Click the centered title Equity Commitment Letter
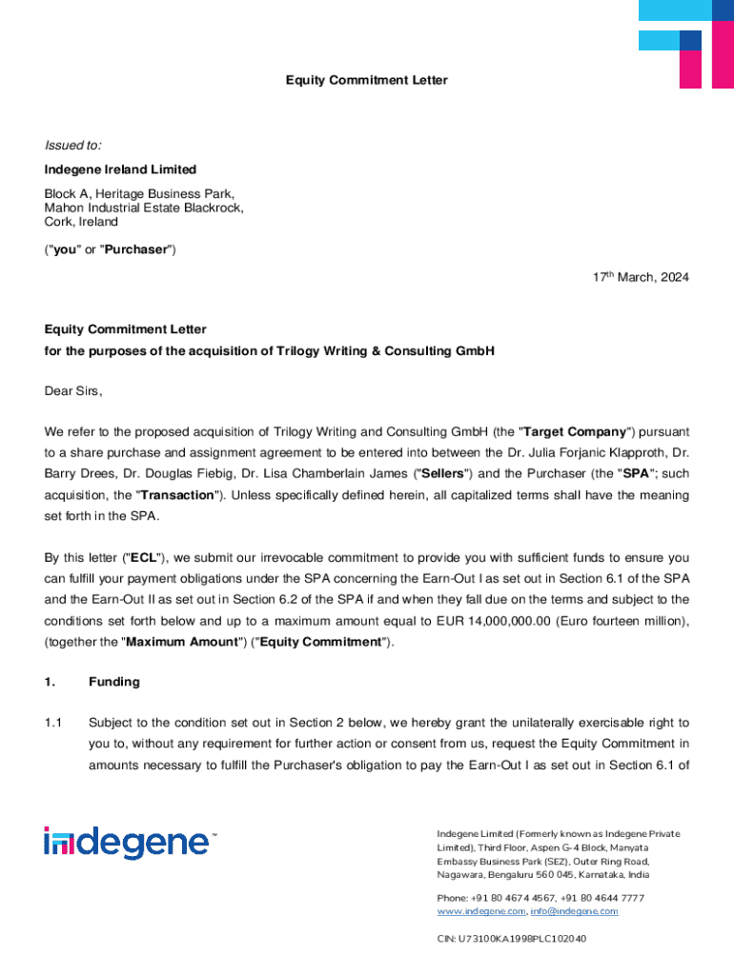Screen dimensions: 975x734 (x=366, y=81)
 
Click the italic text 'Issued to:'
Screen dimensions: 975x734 (x=72, y=146)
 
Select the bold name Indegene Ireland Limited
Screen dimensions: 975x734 (x=120, y=169)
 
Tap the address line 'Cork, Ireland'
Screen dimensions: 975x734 (x=81, y=222)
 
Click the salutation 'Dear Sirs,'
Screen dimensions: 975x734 (x=72, y=391)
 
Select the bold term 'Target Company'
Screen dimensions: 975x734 (x=569, y=431)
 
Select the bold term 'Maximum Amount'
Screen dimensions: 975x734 (x=180, y=642)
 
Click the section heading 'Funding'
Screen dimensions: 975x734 (x=114, y=682)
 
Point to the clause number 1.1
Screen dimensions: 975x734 (x=53, y=723)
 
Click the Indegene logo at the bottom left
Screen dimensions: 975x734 (x=130, y=844)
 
